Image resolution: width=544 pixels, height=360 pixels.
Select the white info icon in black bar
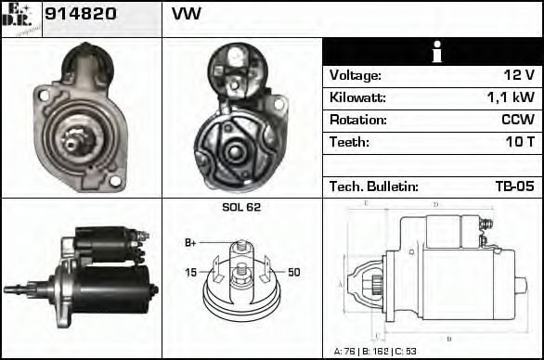coord(432,51)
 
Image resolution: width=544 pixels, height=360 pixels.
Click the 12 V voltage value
coord(518,75)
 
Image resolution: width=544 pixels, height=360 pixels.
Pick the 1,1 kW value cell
coord(510,97)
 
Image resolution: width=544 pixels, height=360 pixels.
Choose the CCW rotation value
coord(516,120)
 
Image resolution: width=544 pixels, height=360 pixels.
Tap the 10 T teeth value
coord(519,142)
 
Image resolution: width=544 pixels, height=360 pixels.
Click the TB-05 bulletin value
coord(514,186)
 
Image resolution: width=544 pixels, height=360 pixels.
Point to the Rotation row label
coord(356,120)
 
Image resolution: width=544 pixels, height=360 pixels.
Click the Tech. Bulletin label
coord(374,186)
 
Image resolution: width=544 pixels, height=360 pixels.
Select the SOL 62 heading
coord(241,207)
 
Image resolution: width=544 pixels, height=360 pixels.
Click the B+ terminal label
coord(190,243)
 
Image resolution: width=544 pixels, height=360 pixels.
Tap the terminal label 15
coord(190,272)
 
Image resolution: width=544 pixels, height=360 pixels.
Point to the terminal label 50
coord(293,272)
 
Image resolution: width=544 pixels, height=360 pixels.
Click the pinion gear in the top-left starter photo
coord(79,141)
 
